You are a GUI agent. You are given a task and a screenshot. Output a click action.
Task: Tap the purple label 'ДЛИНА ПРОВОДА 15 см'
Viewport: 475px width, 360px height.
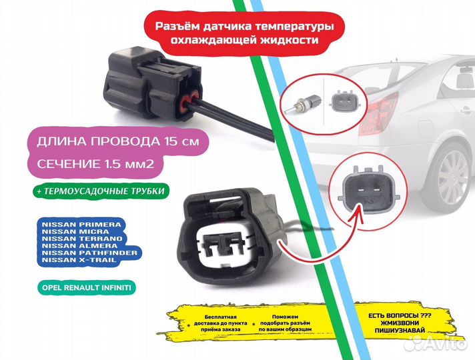(x=111, y=142)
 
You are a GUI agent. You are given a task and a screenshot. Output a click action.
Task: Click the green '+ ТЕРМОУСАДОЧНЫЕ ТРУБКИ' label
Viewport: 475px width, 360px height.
(x=95, y=191)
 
